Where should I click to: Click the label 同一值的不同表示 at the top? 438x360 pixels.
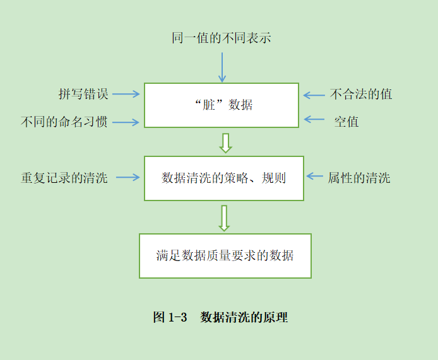coord(222,38)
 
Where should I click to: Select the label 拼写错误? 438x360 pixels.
coord(84,94)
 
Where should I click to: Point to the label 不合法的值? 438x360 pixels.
coord(361,95)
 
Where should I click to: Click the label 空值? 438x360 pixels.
coord(346,122)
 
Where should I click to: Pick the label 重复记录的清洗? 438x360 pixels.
coord(64,178)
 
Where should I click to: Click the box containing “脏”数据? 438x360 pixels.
coord(222,105)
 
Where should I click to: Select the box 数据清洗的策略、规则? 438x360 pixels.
coord(224,178)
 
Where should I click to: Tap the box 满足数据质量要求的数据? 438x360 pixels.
coord(225,256)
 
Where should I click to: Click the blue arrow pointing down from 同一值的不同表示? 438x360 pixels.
coord(222,67)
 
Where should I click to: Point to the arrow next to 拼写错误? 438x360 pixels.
coord(126,95)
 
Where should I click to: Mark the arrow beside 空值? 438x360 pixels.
coord(314,119)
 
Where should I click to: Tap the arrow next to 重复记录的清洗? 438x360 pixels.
coord(128,178)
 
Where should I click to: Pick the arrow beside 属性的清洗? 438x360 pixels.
coord(314,177)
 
